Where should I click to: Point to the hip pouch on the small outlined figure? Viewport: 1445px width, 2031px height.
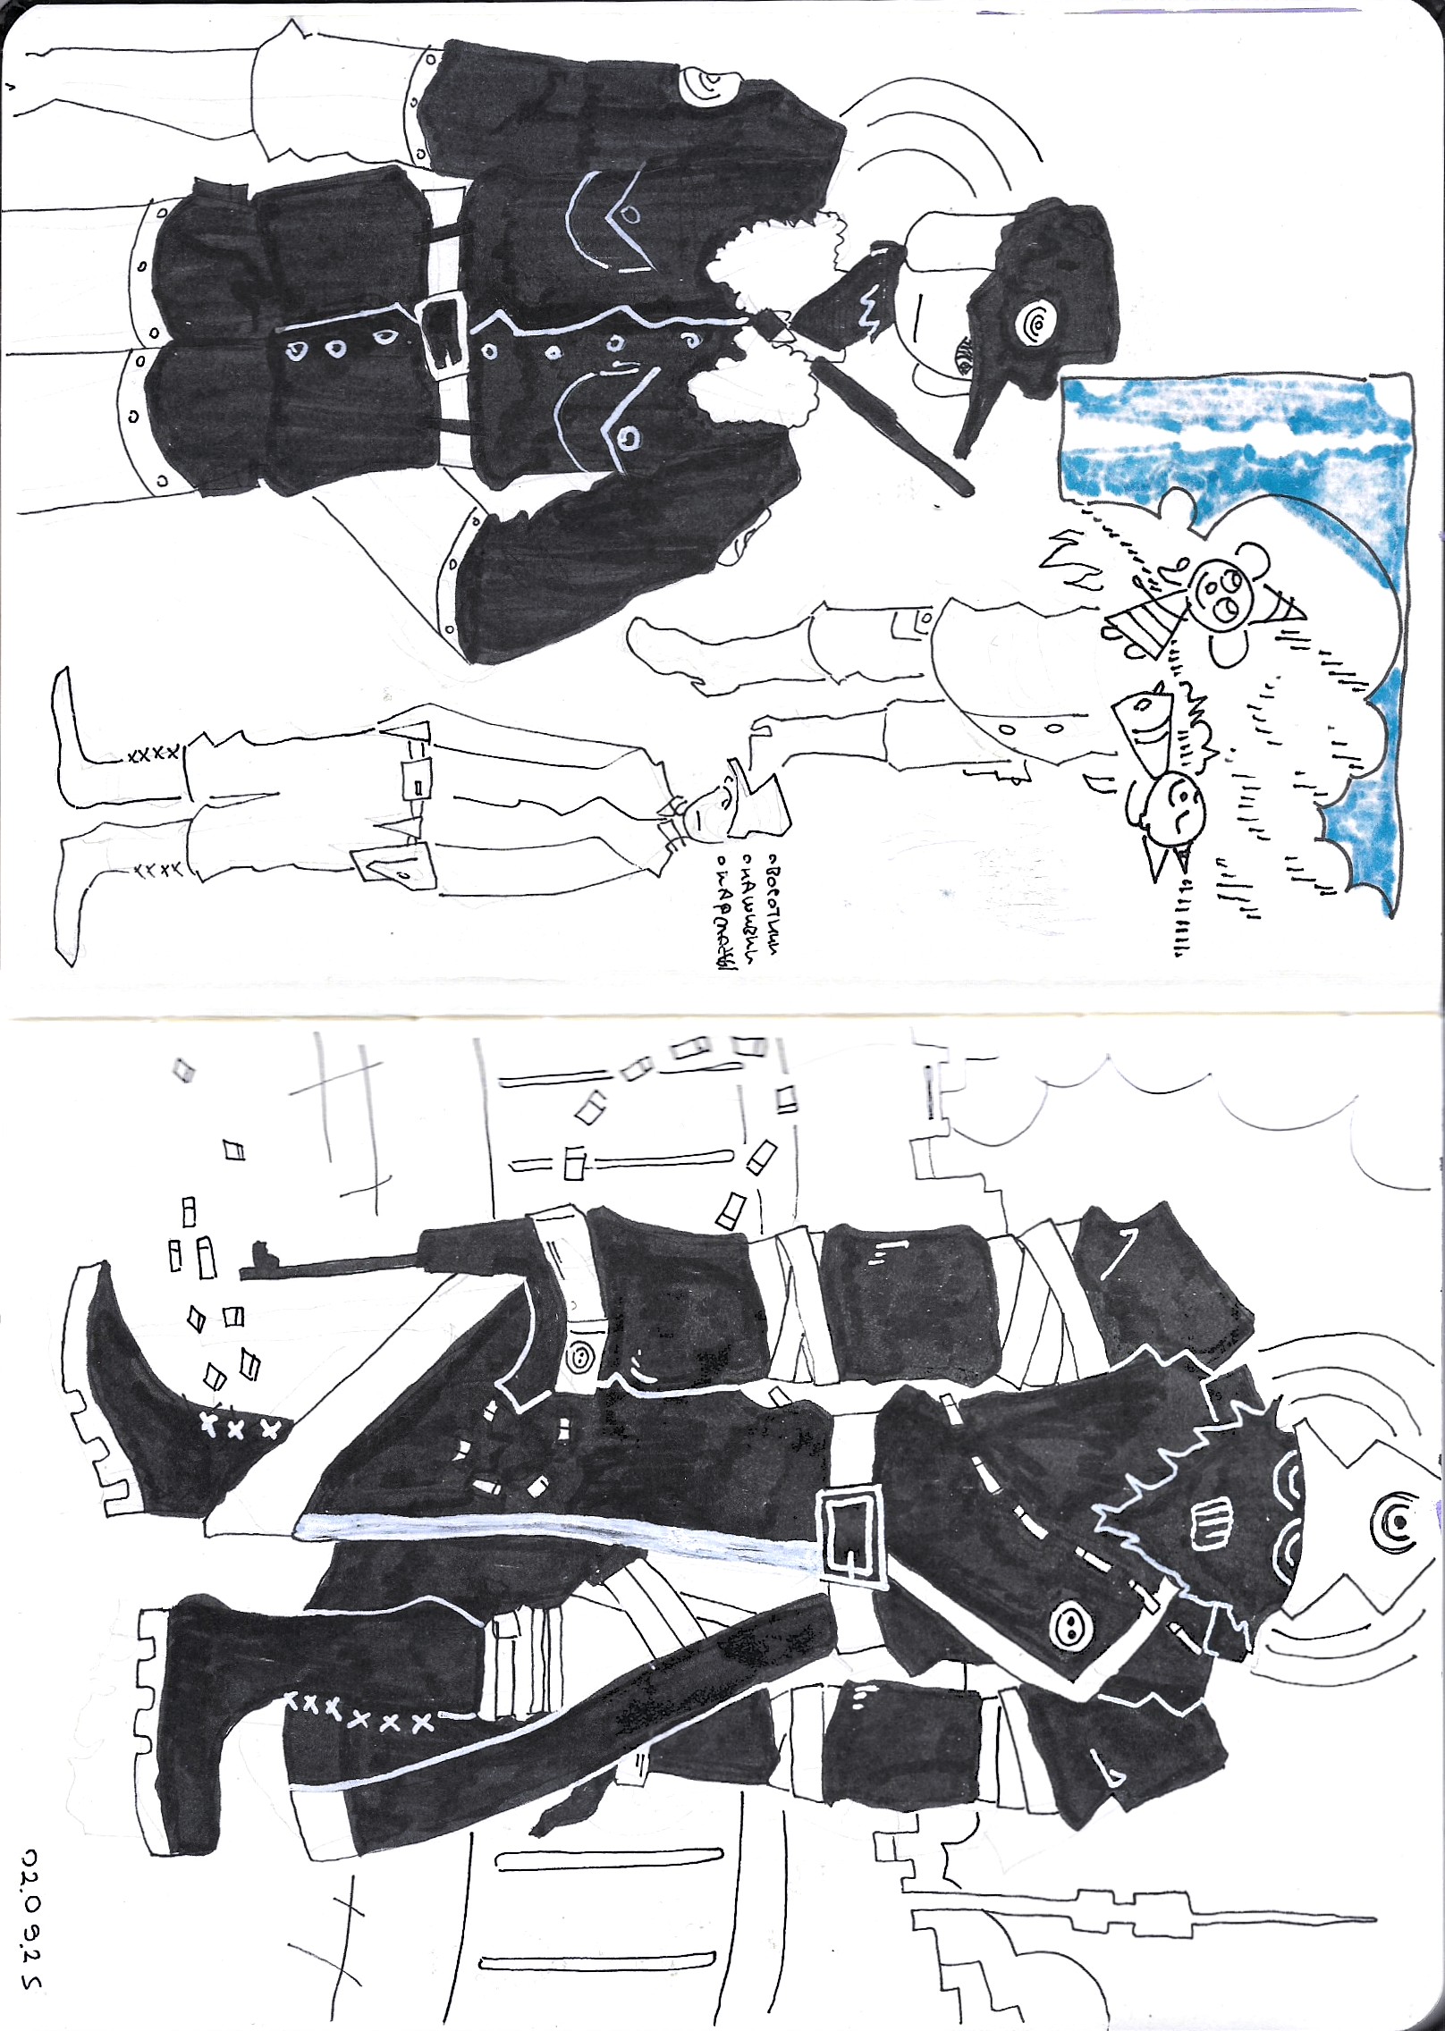pyautogui.click(x=394, y=867)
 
